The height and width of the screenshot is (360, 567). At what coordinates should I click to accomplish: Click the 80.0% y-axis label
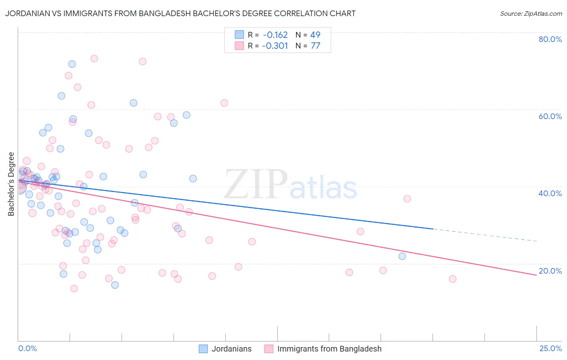[x=550, y=39]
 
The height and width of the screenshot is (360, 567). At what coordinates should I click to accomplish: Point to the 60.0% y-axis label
[x=550, y=116]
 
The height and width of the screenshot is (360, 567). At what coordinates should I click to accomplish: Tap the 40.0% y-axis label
[x=550, y=193]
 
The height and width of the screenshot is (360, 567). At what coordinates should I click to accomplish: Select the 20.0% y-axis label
[x=550, y=271]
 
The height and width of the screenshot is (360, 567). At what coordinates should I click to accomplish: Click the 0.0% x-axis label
[x=27, y=348]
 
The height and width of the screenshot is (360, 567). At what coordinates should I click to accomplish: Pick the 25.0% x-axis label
[x=550, y=348]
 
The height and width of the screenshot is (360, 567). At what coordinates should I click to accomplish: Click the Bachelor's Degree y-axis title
[x=11, y=184]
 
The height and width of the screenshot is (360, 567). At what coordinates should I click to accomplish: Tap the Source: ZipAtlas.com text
[x=531, y=14]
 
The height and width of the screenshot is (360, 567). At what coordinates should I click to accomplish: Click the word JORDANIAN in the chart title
[x=26, y=13]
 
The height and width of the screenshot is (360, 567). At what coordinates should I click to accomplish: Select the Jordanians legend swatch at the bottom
[x=203, y=349]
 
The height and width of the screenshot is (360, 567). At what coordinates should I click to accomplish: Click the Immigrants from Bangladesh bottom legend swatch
[x=269, y=349]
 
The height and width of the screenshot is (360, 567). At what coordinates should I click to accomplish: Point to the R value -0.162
[x=275, y=35]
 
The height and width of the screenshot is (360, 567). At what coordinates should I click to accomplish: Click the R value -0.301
[x=275, y=46]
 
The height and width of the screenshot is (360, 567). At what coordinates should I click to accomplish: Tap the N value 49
[x=315, y=35]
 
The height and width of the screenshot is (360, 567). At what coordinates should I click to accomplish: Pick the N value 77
[x=315, y=46]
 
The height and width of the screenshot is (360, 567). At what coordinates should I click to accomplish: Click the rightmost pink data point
[x=452, y=279]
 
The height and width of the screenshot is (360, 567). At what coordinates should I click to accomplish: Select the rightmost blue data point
[x=402, y=256]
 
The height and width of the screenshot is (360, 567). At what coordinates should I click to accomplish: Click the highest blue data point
[x=72, y=64]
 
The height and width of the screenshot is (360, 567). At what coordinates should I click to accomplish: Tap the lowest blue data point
[x=115, y=285]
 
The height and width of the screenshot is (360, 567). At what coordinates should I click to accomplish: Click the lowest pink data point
[x=74, y=289]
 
